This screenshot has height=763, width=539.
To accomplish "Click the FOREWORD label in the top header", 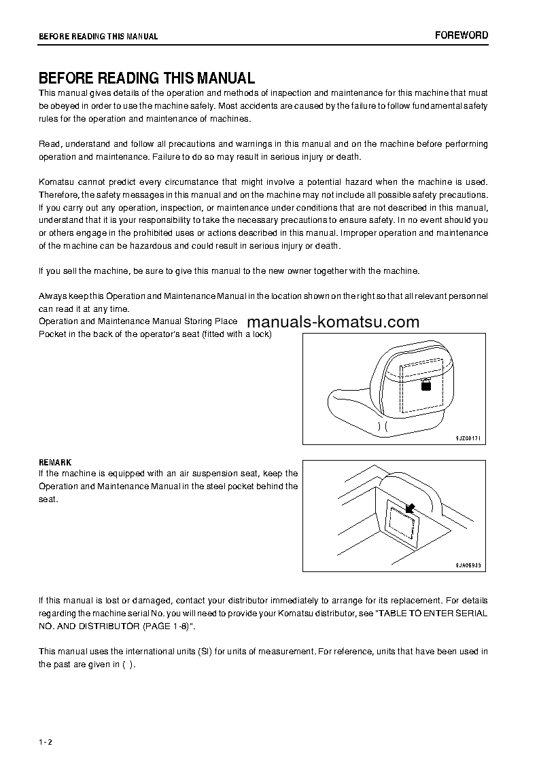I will point(462,35).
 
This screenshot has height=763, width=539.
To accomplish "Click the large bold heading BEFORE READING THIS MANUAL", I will point(147,77).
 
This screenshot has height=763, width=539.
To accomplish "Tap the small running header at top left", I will point(98,37).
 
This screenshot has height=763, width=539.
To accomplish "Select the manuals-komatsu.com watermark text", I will point(333,322).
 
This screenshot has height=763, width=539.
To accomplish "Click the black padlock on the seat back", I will point(426,385).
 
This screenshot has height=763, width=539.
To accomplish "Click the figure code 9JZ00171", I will point(468,439).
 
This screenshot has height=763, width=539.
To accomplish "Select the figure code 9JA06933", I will point(468,565).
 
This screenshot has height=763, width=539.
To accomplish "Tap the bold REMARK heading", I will point(55,463).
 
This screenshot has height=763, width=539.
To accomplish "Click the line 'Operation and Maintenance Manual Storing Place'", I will point(138,321).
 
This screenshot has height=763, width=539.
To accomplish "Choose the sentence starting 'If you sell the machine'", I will point(229,270).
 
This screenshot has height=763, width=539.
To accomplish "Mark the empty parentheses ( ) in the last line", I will point(128,664).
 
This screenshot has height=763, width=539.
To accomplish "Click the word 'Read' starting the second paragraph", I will point(50,144).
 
